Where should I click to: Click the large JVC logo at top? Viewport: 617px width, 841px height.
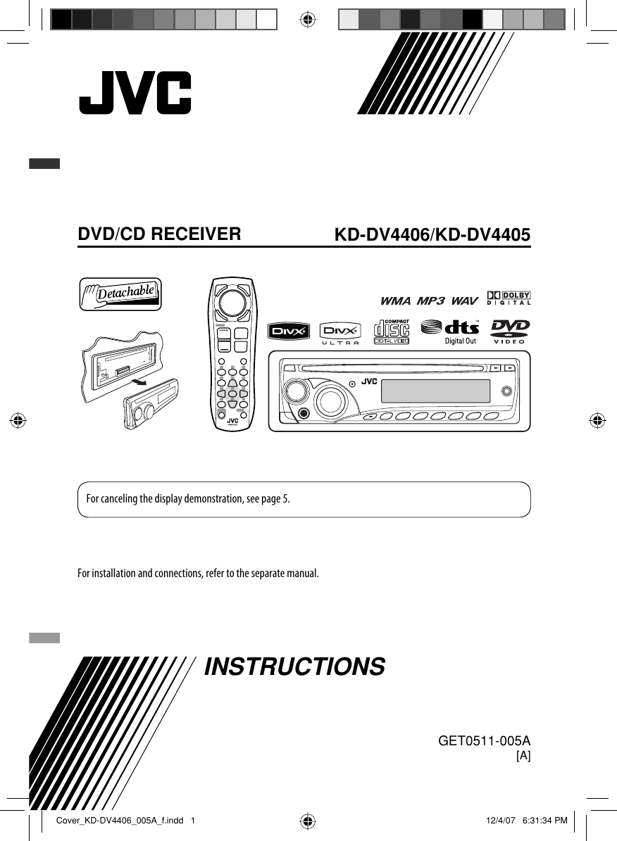pyautogui.click(x=135, y=93)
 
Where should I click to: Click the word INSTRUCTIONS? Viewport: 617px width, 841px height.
pyautogui.click(x=294, y=666)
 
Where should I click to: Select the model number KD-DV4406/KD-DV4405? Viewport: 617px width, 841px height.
pyautogui.click(x=432, y=235)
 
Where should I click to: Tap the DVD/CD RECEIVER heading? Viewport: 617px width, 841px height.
pyautogui.click(x=159, y=234)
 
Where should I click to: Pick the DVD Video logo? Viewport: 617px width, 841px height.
pyautogui.click(x=511, y=332)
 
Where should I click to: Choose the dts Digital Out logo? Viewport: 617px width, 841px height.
pyautogui.click(x=450, y=332)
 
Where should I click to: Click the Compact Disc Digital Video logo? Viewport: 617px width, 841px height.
pyautogui.click(x=392, y=332)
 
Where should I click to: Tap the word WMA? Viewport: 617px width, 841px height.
pyautogui.click(x=395, y=301)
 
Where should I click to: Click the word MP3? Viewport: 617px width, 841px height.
pyautogui.click(x=430, y=301)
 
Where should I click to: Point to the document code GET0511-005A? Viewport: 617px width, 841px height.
pyautogui.click(x=484, y=741)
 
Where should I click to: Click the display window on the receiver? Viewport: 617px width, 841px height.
pyautogui.click(x=435, y=391)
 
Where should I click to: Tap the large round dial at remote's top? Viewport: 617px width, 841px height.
pyautogui.click(x=232, y=302)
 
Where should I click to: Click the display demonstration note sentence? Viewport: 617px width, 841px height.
pyautogui.click(x=187, y=500)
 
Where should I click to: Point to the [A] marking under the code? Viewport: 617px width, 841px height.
pyautogui.click(x=523, y=756)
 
